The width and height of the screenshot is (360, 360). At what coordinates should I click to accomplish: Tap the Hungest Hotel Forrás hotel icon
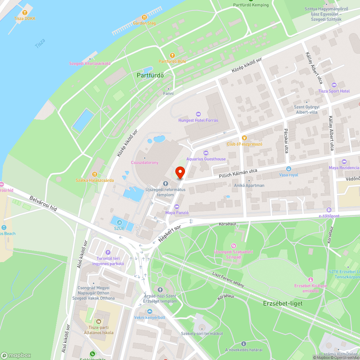[198, 114]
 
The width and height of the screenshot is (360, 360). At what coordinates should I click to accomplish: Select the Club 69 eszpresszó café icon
[244, 138]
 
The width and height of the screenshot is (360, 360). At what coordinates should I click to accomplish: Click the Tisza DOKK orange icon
[25, 12]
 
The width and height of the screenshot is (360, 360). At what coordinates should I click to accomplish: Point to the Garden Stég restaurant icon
[144, 17]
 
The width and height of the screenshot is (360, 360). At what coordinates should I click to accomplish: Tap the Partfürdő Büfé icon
[172, 55]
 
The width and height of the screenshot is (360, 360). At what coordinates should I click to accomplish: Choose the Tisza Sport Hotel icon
[334, 85]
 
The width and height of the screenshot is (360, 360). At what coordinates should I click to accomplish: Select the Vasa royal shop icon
[288, 168]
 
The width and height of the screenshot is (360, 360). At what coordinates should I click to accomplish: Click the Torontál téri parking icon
[108, 252]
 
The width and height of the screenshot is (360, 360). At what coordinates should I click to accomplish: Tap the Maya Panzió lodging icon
[176, 206]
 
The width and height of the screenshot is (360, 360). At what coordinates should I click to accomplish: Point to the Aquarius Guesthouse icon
[206, 153]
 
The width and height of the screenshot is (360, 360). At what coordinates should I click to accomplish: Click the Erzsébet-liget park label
[283, 303]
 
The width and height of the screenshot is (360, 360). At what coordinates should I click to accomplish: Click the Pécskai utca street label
[286, 141]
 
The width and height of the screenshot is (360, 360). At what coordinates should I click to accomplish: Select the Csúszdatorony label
[144, 162]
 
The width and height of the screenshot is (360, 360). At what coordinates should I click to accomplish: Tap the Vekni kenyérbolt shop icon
[150, 311]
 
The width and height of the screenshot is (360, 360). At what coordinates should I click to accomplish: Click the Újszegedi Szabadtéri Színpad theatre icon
[233, 246]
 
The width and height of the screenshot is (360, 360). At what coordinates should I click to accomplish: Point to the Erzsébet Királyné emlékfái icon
[310, 279]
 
